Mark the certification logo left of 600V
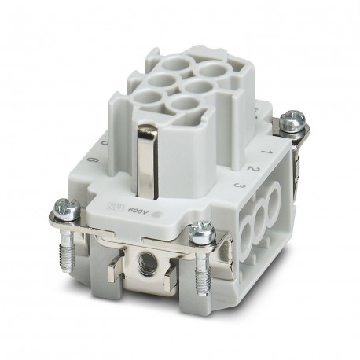[115, 206]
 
